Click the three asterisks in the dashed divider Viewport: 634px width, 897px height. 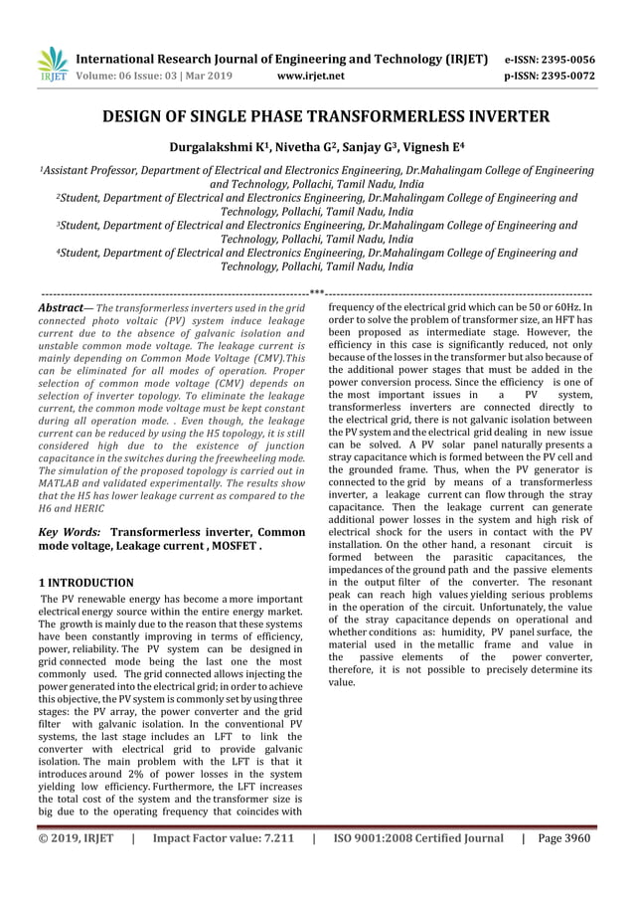coord(317,293)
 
